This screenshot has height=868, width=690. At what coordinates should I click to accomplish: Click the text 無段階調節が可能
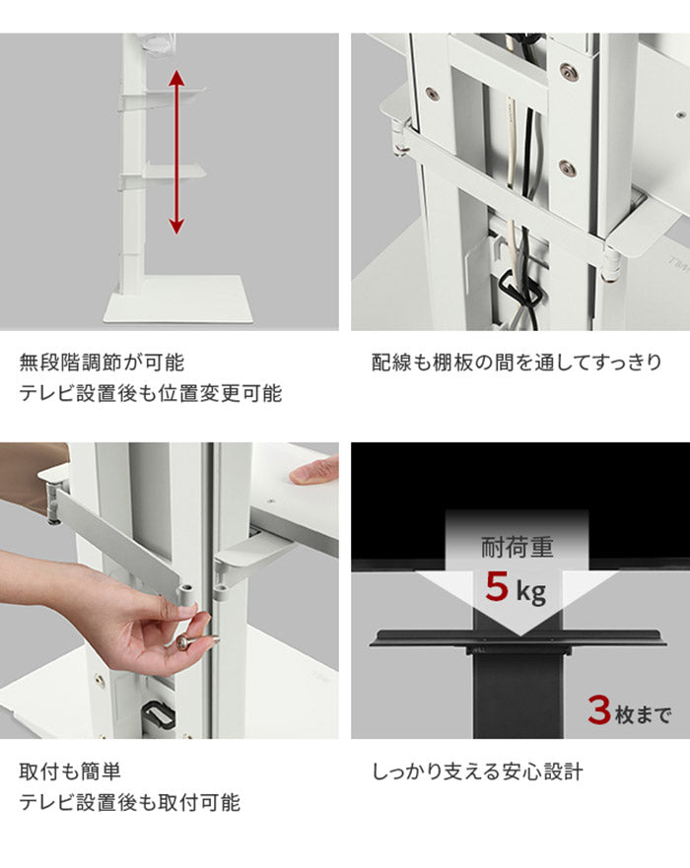coord(102,363)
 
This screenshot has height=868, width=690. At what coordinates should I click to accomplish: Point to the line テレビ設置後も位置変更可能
coord(150,394)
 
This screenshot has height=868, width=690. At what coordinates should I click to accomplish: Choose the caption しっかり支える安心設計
coord(477,771)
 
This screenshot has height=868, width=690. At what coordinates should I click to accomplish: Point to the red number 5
coord(496,591)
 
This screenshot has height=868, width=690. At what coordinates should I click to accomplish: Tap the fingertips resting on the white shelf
coord(311,474)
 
